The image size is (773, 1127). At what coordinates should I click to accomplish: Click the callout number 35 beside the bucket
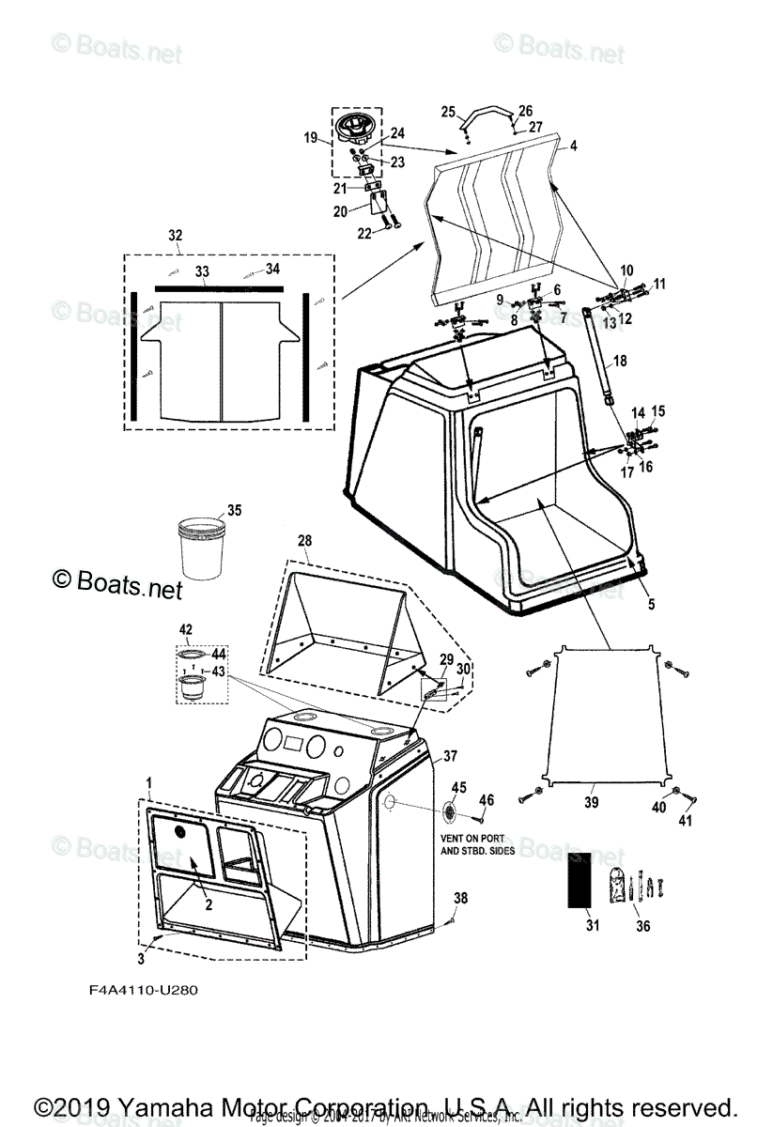(x=234, y=511)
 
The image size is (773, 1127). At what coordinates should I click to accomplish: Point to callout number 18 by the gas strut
(x=619, y=361)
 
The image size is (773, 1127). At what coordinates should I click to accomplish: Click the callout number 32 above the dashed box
(x=176, y=235)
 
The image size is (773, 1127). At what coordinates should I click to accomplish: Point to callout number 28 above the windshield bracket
(x=304, y=541)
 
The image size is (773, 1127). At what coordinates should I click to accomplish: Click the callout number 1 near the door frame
(x=148, y=782)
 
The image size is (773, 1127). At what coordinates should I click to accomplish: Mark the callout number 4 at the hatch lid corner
(x=573, y=146)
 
